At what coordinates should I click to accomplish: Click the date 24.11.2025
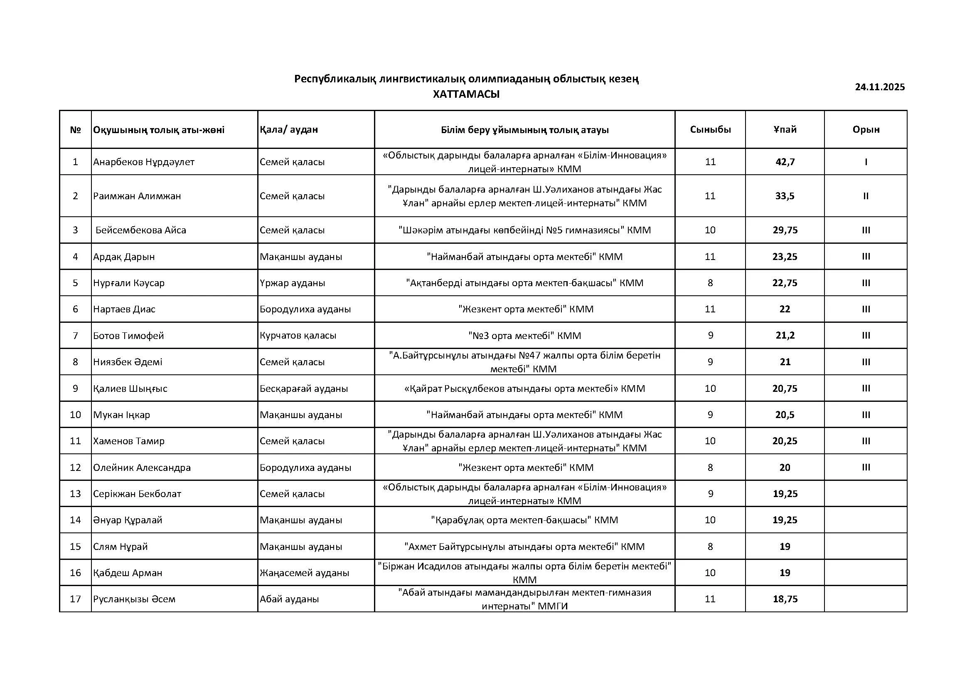point(880,87)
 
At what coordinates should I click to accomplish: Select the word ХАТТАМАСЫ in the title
point(466,94)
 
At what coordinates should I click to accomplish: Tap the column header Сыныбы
point(710,130)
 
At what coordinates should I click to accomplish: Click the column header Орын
point(866,130)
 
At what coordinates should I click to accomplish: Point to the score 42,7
point(785,162)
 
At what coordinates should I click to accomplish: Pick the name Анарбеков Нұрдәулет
point(143,162)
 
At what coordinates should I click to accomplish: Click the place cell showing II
point(866,196)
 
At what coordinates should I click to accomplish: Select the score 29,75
point(785,230)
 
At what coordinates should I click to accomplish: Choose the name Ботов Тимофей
point(128,336)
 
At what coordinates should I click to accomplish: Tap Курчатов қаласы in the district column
point(298,336)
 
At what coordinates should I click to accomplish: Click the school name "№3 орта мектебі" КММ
point(524,336)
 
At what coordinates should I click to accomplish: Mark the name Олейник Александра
point(142,467)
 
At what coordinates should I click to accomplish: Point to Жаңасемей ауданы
point(304,573)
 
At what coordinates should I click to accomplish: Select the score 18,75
point(785,599)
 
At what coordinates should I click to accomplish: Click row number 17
point(75,599)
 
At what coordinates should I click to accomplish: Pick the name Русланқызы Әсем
point(134,599)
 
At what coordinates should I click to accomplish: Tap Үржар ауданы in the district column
point(292,283)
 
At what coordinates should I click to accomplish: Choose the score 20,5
point(785,415)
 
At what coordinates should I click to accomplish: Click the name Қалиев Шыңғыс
point(130,389)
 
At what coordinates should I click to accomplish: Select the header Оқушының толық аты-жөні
point(159,130)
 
